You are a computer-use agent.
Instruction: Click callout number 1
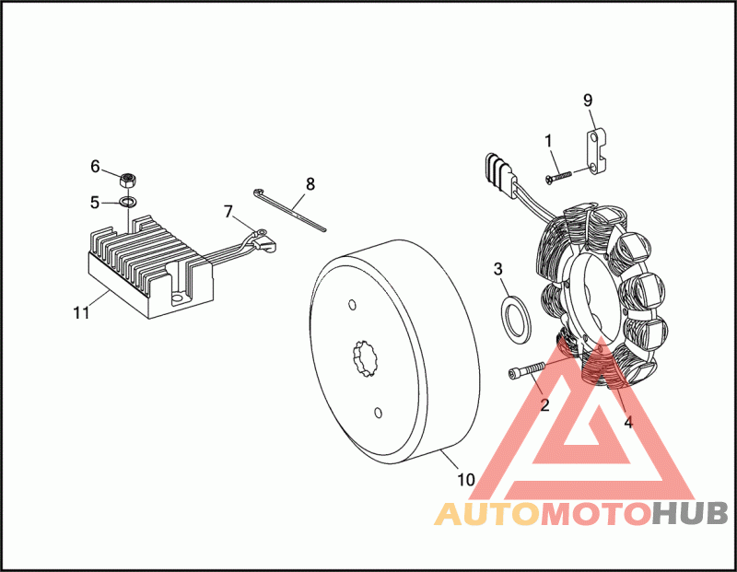coord(548,141)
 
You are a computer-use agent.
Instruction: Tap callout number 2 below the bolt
coord(544,405)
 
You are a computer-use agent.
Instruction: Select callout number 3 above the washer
coord(498,270)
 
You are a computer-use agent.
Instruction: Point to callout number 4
coord(628,423)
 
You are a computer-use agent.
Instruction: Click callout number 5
coord(94,201)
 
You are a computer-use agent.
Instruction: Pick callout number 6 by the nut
coord(94,167)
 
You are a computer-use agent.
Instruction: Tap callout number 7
coord(228,211)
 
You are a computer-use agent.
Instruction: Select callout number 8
coord(310,183)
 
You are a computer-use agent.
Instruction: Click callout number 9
coord(588,99)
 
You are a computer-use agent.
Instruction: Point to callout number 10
coord(466,479)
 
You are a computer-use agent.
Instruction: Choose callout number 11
coord(81,312)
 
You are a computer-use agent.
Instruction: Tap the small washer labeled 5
coord(130,201)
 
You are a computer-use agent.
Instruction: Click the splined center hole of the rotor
coord(368,356)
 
